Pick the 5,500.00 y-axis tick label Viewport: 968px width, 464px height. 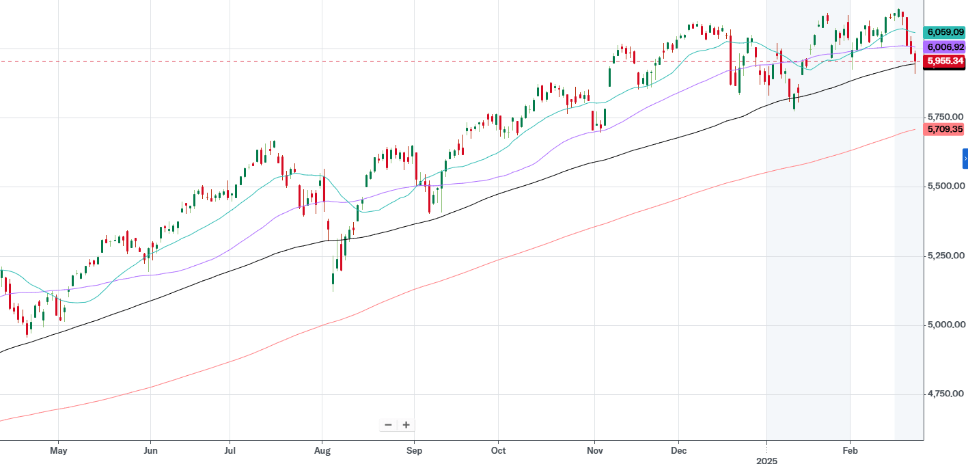click(x=944, y=186)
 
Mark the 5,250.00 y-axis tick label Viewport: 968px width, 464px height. click(x=944, y=255)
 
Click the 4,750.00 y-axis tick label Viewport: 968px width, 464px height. click(x=944, y=394)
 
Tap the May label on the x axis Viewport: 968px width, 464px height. click(x=59, y=451)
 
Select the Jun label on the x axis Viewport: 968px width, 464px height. click(x=151, y=451)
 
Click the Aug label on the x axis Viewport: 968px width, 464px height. click(x=322, y=451)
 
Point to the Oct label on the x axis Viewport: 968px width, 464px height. click(x=499, y=451)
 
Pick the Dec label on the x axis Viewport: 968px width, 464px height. click(x=679, y=451)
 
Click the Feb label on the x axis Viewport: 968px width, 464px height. click(x=850, y=451)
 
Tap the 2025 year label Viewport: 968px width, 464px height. click(x=767, y=461)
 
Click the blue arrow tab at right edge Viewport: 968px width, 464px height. click(x=965, y=159)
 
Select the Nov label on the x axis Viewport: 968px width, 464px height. click(x=595, y=451)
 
